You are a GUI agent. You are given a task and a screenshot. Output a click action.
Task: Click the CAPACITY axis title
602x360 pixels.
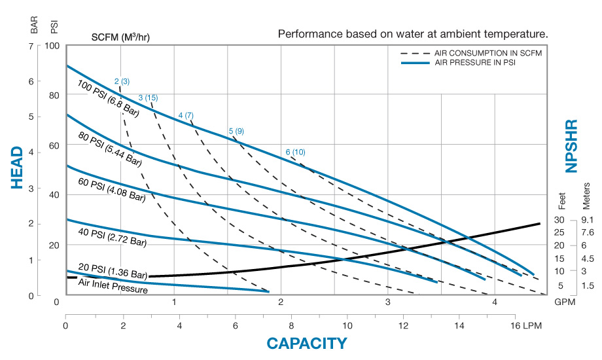tap(306, 343)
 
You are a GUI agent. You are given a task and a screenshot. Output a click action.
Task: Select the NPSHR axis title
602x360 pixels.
tap(572, 145)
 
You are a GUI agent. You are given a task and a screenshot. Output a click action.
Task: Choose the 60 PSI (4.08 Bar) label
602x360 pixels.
tap(111, 189)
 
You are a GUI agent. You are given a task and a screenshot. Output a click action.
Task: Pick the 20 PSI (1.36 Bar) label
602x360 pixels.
tap(113, 274)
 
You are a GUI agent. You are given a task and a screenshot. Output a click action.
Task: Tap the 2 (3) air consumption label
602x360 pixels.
tap(122, 82)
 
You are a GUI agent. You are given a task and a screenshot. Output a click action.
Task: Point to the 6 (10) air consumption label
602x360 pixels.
tap(295, 152)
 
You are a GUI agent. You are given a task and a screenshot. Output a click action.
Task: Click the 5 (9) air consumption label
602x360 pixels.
tap(236, 132)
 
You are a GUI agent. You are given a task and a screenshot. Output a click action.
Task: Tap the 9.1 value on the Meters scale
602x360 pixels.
tap(587, 220)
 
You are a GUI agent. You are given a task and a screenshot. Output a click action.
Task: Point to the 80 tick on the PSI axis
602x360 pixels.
tap(54, 95)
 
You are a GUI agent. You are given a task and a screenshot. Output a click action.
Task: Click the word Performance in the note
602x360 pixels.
tap(308, 33)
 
